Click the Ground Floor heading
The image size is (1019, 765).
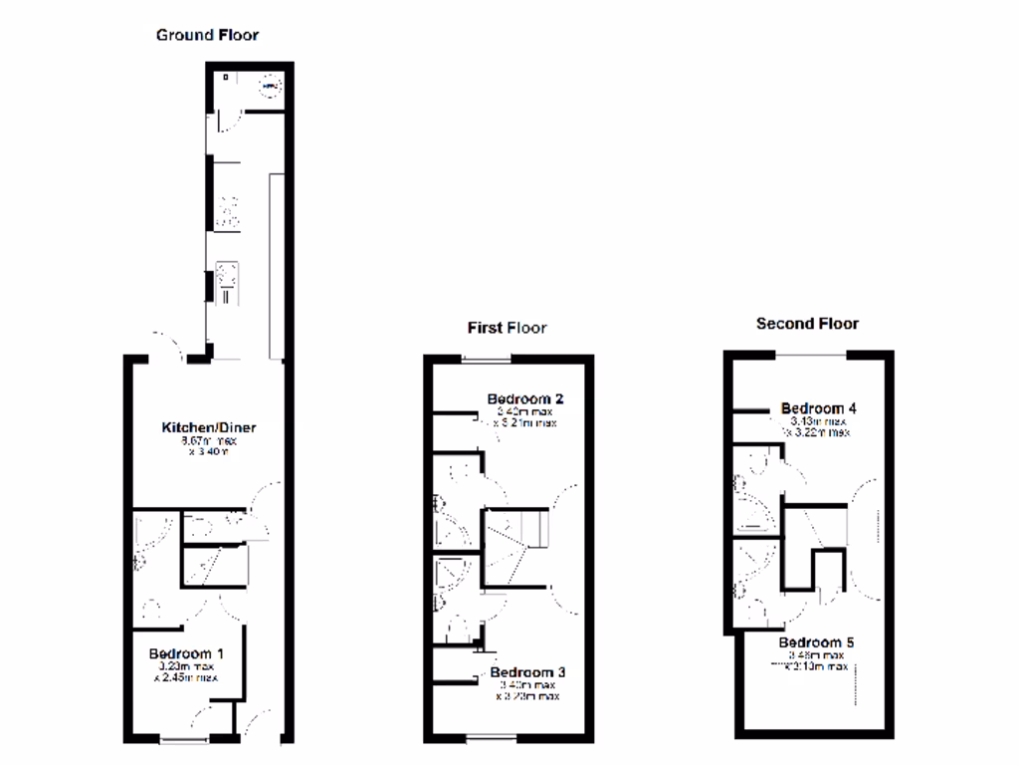[x=207, y=35]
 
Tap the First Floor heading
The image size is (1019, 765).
[x=508, y=327]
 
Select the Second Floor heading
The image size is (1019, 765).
[x=807, y=323]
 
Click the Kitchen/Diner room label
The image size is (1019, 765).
[x=209, y=428]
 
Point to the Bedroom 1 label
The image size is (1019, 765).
[x=186, y=653]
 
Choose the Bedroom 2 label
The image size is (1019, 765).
[x=525, y=399]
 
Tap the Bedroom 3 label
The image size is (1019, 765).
[x=527, y=673]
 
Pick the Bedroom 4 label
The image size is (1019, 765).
[x=819, y=408]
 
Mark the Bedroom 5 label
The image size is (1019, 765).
[x=817, y=642]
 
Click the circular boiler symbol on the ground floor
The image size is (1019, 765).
[x=268, y=87]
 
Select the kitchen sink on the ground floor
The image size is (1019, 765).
[x=226, y=282]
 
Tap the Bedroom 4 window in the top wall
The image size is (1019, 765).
[x=811, y=353]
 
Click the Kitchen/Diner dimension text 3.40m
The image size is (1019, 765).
[x=208, y=452]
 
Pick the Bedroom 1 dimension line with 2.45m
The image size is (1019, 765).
[x=186, y=678]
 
